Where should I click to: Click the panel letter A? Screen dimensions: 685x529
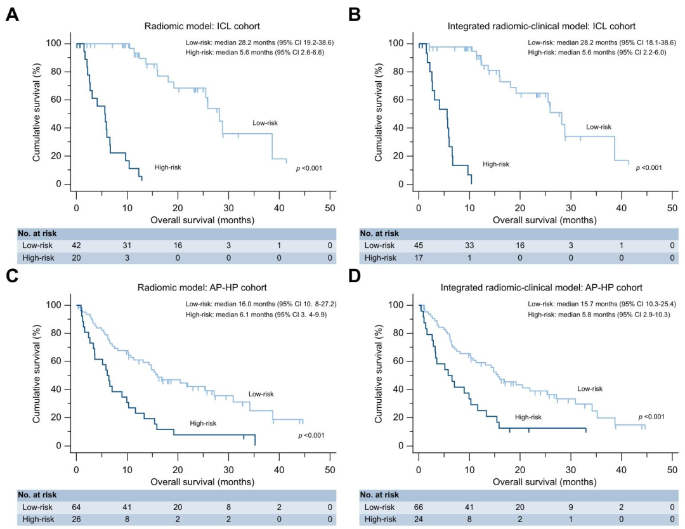(x=12, y=15)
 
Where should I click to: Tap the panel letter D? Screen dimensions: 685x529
(x=355, y=276)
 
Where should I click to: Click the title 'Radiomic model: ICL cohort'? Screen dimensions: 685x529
(x=202, y=26)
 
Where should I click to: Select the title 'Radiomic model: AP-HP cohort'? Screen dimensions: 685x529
(x=202, y=287)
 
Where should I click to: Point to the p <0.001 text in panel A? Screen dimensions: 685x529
(x=310, y=168)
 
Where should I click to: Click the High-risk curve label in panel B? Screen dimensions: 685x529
(x=496, y=164)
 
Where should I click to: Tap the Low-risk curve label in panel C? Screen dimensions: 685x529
(x=261, y=394)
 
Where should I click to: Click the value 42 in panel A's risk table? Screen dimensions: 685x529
(x=77, y=245)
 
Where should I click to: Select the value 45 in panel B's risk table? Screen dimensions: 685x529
(x=419, y=245)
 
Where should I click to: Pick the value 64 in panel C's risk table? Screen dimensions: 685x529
(x=77, y=507)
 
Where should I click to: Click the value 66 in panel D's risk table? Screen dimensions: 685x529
(x=419, y=507)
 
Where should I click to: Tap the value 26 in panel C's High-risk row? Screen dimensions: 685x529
(x=77, y=519)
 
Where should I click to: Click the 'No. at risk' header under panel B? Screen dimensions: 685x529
(x=379, y=233)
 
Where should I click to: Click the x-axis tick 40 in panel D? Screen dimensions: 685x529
(x=621, y=470)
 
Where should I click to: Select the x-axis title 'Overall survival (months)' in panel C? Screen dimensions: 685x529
(x=202, y=482)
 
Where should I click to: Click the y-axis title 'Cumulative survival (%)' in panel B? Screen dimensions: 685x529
(x=378, y=112)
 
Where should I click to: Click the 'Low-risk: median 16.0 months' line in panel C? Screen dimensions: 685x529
(x=261, y=304)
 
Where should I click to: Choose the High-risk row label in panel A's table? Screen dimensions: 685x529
(x=39, y=258)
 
